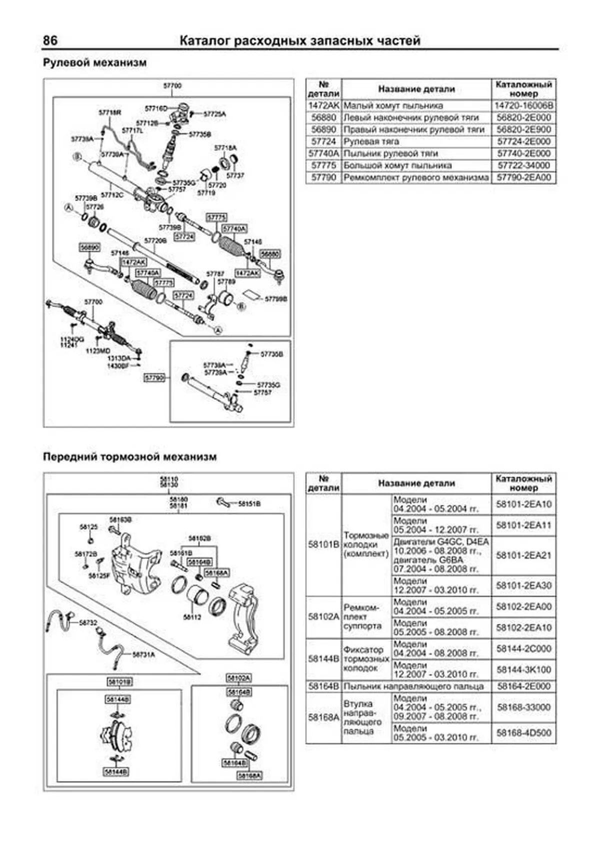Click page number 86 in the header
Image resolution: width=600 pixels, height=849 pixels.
pos(50,40)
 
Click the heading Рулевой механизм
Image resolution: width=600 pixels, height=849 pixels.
pos(94,63)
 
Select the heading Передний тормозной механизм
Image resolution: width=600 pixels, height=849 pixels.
pos(129,457)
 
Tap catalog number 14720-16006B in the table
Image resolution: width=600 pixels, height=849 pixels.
pos(523,106)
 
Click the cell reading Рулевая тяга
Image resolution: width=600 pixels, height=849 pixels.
pos(371,142)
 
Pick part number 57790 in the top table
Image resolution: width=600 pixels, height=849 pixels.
pos(323,178)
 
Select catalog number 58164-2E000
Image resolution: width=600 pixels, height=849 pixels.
pos(523,686)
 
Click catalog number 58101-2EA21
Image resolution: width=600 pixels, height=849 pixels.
pos(523,555)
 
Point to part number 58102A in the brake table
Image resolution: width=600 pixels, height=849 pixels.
pos(323,617)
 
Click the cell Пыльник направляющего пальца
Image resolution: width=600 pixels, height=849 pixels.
pos(413,686)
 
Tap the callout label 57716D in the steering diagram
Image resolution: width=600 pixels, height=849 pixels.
pos(155,109)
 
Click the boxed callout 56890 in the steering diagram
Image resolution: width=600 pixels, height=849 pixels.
pos(89,247)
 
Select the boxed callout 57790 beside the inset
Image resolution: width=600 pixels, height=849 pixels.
pos(154,378)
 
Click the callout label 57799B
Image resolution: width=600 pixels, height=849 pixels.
pos(276,299)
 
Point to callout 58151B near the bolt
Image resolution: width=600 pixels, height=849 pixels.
pos(248,504)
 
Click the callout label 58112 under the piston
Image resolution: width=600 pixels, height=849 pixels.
pos(192,617)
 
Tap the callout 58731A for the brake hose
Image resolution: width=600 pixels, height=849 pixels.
pos(143,654)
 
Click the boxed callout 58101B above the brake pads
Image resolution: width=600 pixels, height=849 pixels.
pos(119,682)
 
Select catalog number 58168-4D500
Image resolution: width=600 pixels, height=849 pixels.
pos(523,733)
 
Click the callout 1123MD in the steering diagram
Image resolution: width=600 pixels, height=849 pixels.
pos(97,351)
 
